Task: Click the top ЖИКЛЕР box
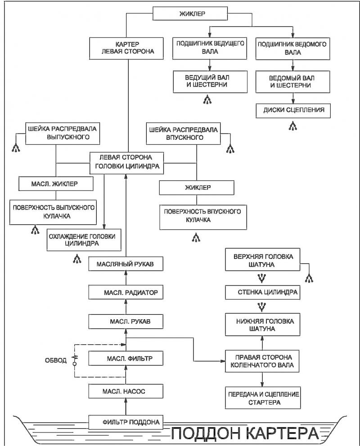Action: point(190,13)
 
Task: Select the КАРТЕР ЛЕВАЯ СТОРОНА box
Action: point(126,49)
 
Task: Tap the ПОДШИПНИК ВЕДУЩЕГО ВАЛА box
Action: point(210,48)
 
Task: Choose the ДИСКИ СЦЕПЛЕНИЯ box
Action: point(293,111)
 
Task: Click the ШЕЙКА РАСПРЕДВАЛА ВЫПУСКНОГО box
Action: point(63,134)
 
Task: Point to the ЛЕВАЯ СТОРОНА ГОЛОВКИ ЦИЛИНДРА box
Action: point(126,163)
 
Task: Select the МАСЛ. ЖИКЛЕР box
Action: point(56,184)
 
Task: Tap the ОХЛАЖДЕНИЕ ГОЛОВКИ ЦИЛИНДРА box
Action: point(84,240)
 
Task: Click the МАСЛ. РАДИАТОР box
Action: point(126,292)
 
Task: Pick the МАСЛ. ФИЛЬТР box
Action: point(126,358)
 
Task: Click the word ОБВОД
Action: point(56,361)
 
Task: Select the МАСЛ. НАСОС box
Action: point(126,392)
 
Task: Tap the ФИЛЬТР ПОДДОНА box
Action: point(126,422)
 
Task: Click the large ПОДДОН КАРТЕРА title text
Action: point(245,433)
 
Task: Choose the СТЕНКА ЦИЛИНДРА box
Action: point(262,292)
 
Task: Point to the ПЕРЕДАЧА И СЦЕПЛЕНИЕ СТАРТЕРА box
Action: point(263,398)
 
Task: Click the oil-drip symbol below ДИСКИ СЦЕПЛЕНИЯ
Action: point(293,126)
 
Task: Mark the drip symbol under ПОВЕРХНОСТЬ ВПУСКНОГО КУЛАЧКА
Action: point(196,237)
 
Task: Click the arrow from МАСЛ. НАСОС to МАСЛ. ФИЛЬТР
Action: point(126,375)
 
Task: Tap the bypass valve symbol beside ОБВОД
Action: point(75,360)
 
